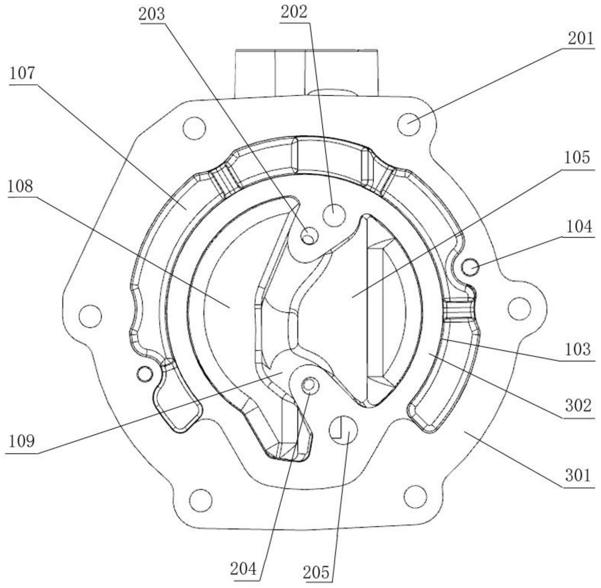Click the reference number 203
click(152, 14)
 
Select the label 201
click(581, 38)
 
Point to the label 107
click(22, 74)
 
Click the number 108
click(20, 186)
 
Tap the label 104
click(579, 226)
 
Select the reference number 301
click(578, 476)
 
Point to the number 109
click(22, 441)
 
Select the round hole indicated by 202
click(334, 215)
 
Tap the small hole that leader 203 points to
click(309, 237)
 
